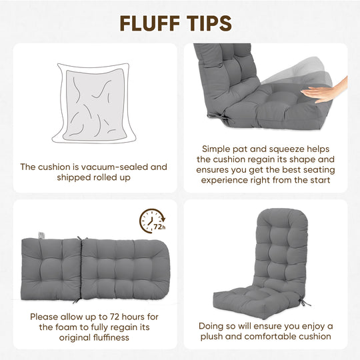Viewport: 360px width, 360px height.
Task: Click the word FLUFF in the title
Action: pyautogui.click(x=150, y=23)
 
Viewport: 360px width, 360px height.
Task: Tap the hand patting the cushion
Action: pyautogui.click(x=324, y=91)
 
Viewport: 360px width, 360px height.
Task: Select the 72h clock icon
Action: pyautogui.click(x=152, y=221)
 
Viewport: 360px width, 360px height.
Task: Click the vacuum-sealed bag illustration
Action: pyautogui.click(x=94, y=103)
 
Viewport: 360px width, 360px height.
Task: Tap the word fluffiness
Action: pyautogui.click(x=111, y=337)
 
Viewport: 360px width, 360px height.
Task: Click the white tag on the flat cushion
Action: pyautogui.click(x=41, y=235)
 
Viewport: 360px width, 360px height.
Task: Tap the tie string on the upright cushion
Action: pyautogui.click(x=305, y=302)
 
